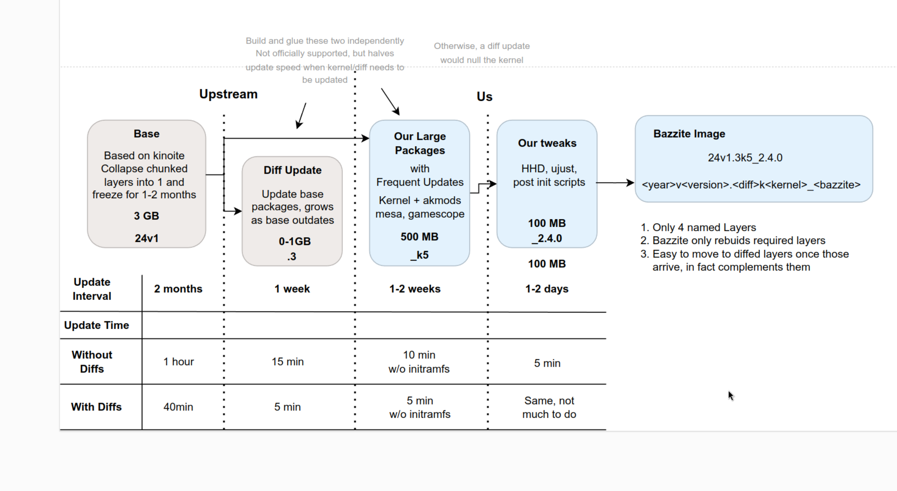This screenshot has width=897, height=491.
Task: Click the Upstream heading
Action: point(228,94)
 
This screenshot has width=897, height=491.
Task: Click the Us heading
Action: point(484,96)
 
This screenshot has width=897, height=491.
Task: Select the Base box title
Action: point(147,134)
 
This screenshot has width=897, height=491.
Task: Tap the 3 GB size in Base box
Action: point(147,216)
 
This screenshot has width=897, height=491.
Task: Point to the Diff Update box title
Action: point(292,170)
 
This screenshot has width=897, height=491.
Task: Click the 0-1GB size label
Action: point(295,241)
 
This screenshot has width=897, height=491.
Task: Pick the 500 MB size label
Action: point(419,237)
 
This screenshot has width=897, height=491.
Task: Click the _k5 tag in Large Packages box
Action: point(420,255)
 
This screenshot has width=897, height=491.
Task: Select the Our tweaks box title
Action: point(547,143)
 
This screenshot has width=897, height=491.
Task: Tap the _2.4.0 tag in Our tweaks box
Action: point(547,238)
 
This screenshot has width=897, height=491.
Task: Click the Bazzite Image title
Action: point(689,134)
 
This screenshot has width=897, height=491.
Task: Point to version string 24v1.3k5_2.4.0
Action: point(745,157)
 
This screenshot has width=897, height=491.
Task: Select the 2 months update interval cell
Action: point(178,289)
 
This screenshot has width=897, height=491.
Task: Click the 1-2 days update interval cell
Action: point(547,289)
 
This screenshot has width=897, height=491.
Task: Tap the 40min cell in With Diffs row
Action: point(178,407)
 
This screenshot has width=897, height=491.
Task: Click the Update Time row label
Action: point(96,325)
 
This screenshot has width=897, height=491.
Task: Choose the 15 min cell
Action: point(288,362)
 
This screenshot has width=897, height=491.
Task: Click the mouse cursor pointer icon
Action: point(730,395)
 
